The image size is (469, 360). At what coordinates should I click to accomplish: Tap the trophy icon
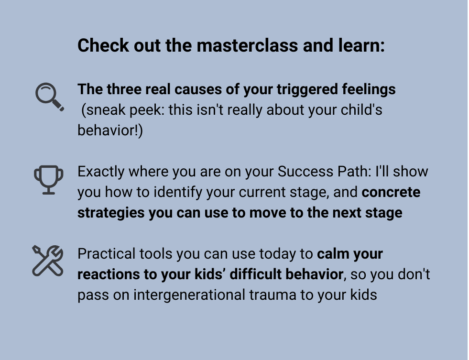point(48,179)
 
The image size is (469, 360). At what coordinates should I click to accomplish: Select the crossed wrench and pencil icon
point(48,261)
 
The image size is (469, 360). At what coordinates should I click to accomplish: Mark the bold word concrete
point(391,192)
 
